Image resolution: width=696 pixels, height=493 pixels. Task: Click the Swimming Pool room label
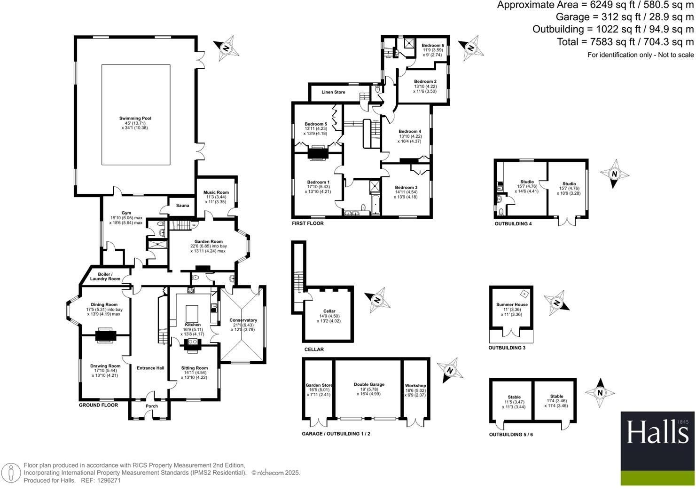point(135,119)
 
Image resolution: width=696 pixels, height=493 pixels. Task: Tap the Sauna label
point(182,206)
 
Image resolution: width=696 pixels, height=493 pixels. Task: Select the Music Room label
point(216,192)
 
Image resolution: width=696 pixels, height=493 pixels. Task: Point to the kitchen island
point(193,313)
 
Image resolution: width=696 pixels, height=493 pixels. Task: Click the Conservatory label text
point(243,320)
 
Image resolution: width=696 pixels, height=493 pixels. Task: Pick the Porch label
point(152,406)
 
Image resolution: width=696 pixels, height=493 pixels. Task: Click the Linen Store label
point(333,92)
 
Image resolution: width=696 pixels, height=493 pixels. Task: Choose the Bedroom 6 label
point(432,46)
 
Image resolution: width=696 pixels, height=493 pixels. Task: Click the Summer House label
point(512,305)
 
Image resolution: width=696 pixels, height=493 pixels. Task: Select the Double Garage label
point(369,384)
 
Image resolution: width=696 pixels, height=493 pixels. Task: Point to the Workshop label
point(415,386)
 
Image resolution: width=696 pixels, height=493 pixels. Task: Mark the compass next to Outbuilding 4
point(614,174)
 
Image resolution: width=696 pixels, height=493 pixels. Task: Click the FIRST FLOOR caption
point(307,223)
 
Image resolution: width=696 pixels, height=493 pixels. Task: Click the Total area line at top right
point(625,42)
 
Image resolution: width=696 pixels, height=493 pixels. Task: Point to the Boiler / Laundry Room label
point(105,277)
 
